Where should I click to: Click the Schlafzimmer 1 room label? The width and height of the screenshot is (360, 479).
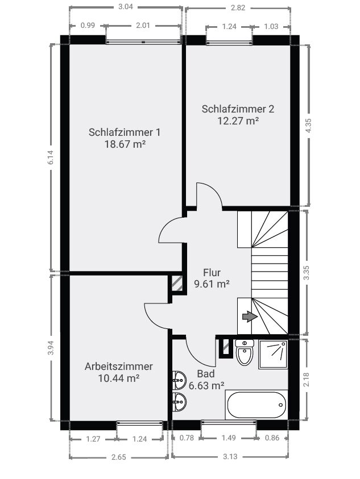coord(124,132)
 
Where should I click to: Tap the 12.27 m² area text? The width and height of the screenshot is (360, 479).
coord(238,120)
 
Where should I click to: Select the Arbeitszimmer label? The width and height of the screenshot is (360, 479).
coord(118,366)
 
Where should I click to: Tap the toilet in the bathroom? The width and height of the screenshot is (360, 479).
coord(245,353)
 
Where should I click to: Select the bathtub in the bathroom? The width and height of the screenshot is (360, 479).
coord(256,405)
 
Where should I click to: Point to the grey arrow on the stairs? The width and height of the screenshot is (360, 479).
coord(249,317)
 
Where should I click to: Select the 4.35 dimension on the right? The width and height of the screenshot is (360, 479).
coord(308,126)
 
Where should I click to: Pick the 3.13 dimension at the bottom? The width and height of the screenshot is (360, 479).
coord(230,456)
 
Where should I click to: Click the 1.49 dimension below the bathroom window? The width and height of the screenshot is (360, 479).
coord(228,438)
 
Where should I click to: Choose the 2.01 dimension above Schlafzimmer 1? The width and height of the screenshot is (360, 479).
coord(143,26)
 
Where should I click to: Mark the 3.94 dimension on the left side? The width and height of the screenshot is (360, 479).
coord(51,348)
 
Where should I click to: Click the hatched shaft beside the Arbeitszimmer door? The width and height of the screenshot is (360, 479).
coord(177,284)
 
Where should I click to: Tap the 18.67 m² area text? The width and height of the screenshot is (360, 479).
coord(124,144)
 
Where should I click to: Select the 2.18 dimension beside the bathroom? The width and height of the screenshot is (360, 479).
coord(307,380)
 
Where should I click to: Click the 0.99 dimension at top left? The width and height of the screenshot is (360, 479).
coord(88,26)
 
